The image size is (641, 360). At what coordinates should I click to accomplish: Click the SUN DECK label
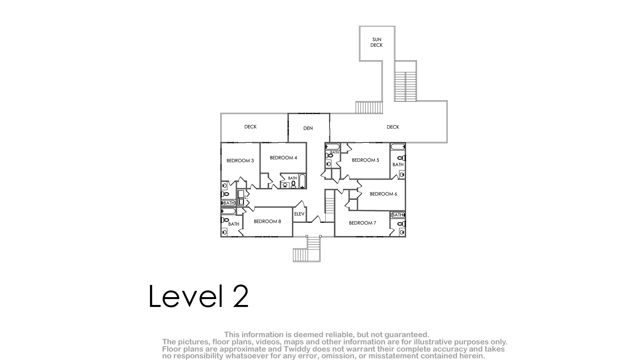point(377,42)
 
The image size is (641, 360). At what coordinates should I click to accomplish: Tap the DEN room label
point(308,128)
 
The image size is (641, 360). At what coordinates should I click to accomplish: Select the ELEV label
point(299,214)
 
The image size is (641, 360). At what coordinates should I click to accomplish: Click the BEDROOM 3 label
point(240,161)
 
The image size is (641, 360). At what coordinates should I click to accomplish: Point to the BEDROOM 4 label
point(283,158)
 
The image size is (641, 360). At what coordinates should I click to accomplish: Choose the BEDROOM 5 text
point(365,160)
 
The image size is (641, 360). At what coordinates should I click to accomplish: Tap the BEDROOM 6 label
point(383,194)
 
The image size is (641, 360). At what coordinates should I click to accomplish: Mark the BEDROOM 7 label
point(362,223)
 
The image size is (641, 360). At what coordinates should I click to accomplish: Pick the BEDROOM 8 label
point(267,221)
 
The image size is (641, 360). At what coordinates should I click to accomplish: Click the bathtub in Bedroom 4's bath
point(302,181)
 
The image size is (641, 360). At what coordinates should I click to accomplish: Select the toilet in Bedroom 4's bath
point(293,184)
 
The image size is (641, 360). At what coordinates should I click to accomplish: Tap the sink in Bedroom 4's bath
point(285,185)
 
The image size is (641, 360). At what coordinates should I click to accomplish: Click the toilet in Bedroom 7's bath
point(402,224)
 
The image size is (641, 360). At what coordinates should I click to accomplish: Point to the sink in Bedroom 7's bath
point(402,232)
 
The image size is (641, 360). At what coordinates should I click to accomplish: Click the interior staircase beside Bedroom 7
point(330,205)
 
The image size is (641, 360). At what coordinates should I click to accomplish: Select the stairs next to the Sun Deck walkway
point(405,86)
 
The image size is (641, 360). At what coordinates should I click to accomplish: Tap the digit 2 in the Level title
point(240,296)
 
